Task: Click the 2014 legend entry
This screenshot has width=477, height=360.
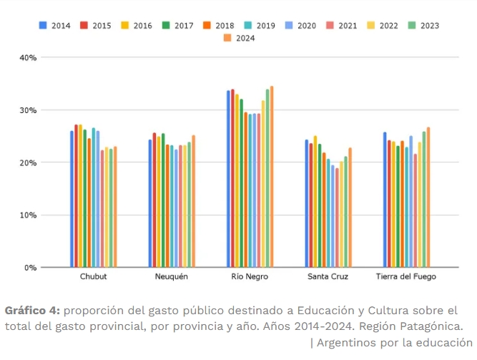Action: point(55,25)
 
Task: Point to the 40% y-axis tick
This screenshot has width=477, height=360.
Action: point(28,57)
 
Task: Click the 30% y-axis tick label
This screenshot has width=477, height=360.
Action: point(28,110)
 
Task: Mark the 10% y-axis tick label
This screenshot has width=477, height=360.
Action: point(28,215)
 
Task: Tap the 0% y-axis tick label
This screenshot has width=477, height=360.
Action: point(30,268)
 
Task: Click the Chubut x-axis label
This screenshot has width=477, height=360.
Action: point(94,277)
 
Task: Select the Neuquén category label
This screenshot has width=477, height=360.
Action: point(172,277)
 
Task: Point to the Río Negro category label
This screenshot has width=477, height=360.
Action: point(250,277)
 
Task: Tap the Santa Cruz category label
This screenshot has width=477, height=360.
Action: point(328,277)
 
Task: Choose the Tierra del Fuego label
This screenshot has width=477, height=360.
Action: point(406,277)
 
